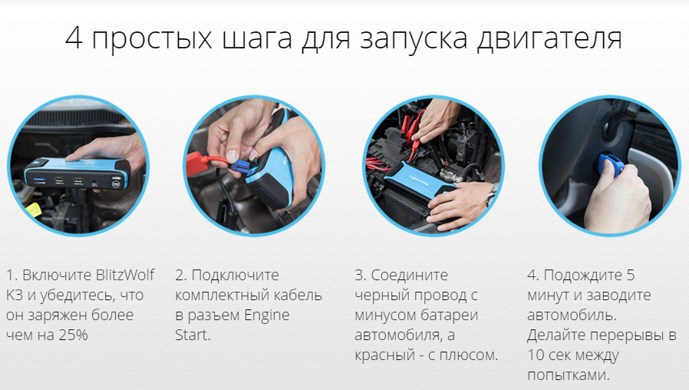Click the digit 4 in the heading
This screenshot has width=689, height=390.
click(x=74, y=38)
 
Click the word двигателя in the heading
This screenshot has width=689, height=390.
click(x=549, y=39)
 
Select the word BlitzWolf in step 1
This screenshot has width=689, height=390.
click(x=125, y=275)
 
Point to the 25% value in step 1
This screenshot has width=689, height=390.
click(x=73, y=335)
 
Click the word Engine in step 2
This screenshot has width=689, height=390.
click(x=267, y=316)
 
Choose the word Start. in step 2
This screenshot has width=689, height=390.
click(x=193, y=335)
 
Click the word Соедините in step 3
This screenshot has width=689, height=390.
click(x=409, y=276)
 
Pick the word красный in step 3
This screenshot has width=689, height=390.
click(x=385, y=355)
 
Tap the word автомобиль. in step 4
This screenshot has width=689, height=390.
click(x=572, y=316)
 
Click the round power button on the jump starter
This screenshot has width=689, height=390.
click(x=117, y=185)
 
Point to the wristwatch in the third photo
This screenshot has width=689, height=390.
click(x=491, y=194)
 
